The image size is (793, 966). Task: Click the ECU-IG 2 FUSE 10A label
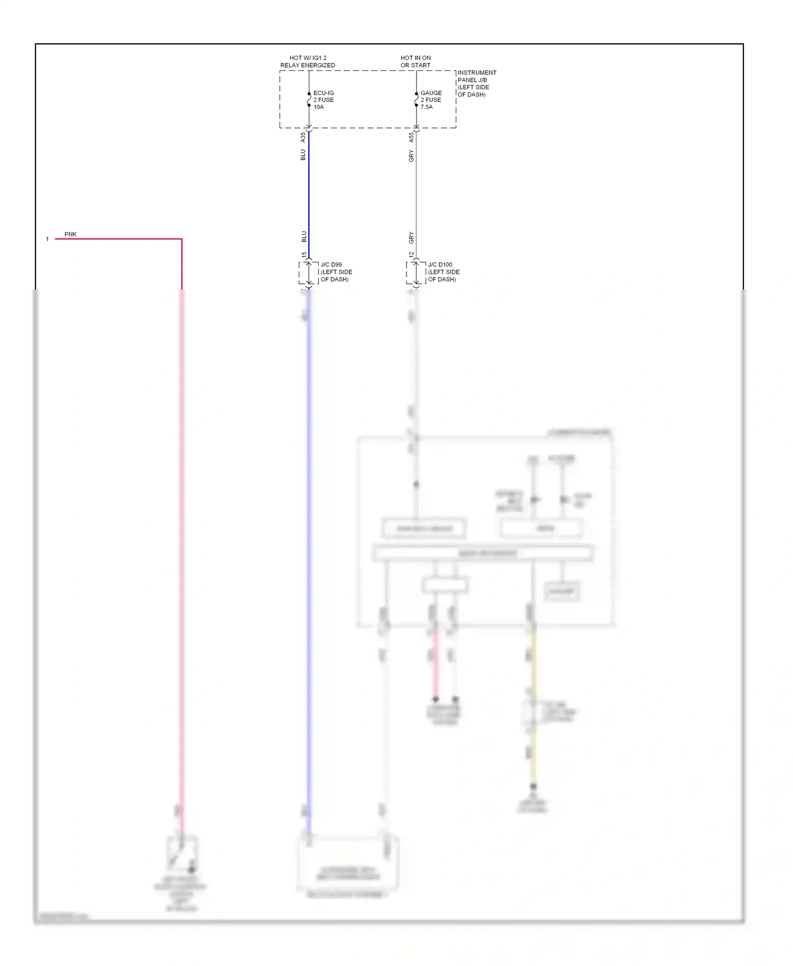(x=323, y=100)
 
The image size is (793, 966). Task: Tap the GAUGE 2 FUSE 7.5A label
(x=430, y=100)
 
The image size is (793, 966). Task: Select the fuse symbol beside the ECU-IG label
(x=309, y=99)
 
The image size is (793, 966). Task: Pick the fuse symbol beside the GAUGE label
(x=416, y=99)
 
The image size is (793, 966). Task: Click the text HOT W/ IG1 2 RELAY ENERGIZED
(x=308, y=61)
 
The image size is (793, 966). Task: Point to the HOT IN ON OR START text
(x=416, y=61)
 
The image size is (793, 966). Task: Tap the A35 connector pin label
(x=303, y=137)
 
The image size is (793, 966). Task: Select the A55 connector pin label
(x=411, y=137)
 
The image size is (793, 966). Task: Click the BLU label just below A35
(x=303, y=155)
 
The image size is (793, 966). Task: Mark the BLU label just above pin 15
(x=304, y=236)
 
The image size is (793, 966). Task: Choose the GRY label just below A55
(x=411, y=156)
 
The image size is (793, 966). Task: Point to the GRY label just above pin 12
(x=411, y=237)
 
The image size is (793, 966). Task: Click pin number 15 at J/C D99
(x=304, y=255)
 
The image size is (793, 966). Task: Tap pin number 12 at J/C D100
(x=411, y=255)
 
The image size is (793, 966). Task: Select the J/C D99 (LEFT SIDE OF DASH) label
(x=336, y=272)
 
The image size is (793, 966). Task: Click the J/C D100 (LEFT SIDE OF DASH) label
(x=443, y=272)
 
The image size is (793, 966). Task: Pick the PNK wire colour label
(x=70, y=234)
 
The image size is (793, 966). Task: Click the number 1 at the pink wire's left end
(x=47, y=239)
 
